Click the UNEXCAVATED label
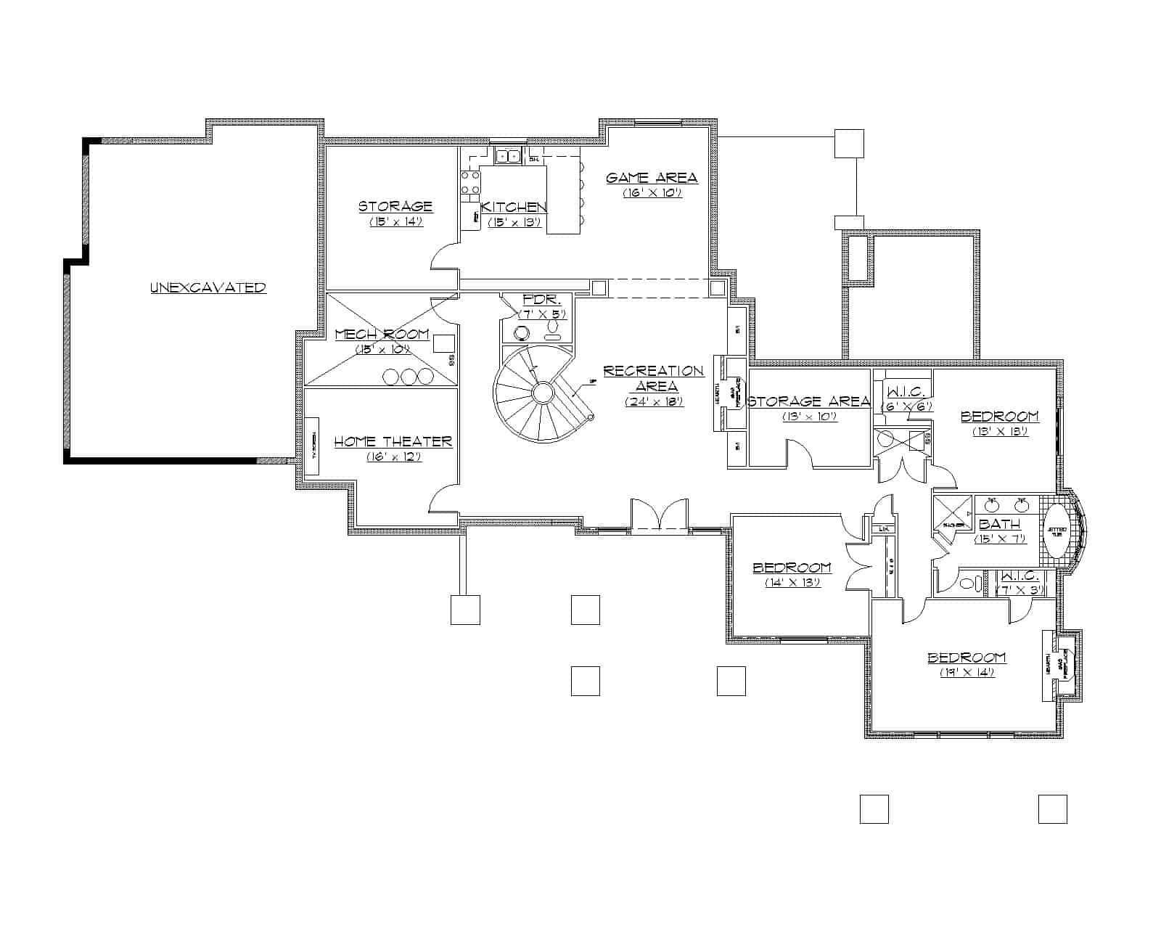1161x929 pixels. point(208,287)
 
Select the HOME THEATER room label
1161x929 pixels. point(393,441)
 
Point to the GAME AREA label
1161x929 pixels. point(652,178)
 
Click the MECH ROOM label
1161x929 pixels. point(382,335)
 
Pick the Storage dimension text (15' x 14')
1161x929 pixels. point(395,222)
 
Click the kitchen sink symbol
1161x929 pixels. point(507,155)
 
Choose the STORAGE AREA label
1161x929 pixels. point(808,401)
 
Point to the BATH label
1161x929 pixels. point(1000,524)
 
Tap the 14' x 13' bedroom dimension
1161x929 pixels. point(792,582)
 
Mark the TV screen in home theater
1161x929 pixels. point(314,446)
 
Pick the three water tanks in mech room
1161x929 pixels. point(409,376)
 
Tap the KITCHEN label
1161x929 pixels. point(514,208)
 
